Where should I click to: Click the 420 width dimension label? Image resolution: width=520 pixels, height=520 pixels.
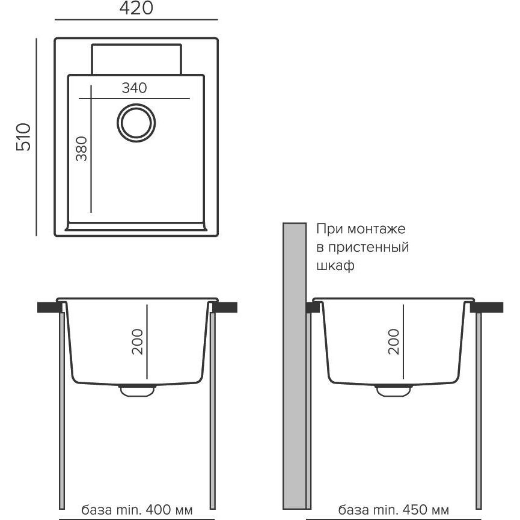pos(136,8)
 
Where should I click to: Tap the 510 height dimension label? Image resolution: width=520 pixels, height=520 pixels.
pos(23,137)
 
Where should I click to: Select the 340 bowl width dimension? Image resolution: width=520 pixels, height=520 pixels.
pos(134,88)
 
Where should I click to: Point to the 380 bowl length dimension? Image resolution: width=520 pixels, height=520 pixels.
pos(82,148)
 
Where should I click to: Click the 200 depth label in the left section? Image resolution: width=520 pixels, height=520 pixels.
pos(137,342)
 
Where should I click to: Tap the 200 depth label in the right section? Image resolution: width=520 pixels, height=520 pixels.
pos(394,342)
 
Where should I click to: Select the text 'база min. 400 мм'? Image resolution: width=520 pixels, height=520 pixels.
pos(136,509)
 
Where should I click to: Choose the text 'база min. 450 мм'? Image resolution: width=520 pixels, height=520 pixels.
pos(394,509)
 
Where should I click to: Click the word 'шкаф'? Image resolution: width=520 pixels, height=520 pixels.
pos(335,266)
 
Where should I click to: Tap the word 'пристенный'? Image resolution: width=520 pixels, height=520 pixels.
pos(368,248)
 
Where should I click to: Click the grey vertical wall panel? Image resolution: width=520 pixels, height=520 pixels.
pos(294,366)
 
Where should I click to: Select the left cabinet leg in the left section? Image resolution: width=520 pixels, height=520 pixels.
pos(62,411)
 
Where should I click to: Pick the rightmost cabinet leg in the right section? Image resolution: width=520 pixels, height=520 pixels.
pos(479,411)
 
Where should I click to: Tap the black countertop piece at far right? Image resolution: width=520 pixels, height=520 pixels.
pos(487,307)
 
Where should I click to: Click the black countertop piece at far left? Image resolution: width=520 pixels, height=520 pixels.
pos(50,307)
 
